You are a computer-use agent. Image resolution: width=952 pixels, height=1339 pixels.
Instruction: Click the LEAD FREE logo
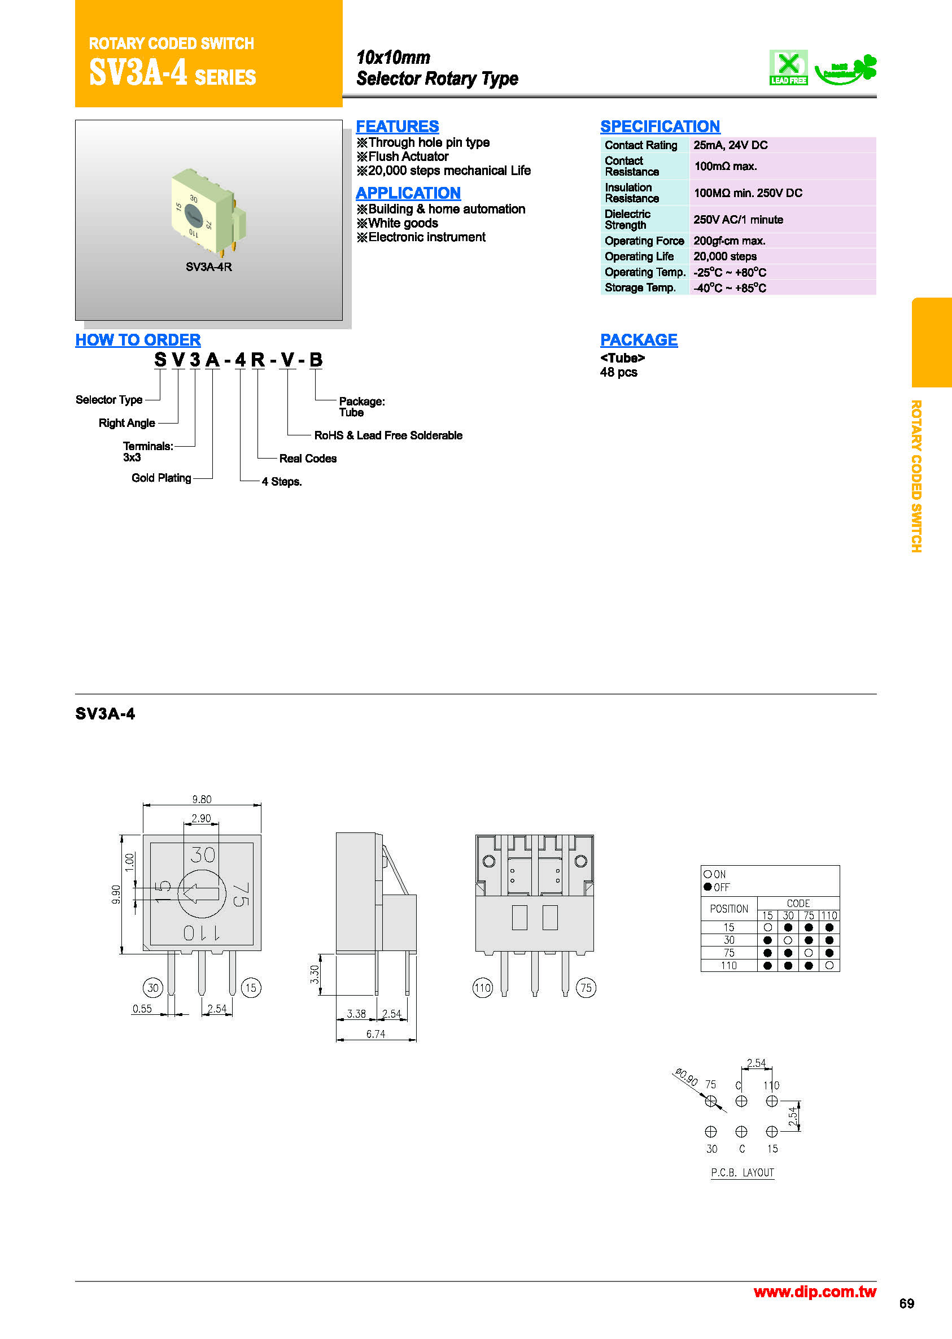coord(788,67)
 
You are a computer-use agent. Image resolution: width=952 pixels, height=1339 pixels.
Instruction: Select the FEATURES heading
coord(397,127)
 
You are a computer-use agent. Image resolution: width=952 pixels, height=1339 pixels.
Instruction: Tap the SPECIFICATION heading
coord(660,127)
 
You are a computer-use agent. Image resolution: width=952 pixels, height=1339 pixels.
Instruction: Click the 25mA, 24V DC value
coord(730,145)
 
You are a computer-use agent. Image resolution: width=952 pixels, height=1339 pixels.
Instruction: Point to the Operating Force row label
coord(644,241)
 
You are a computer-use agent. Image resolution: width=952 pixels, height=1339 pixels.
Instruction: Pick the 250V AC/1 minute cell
coord(737,220)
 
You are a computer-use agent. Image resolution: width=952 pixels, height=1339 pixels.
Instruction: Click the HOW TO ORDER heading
coord(138,340)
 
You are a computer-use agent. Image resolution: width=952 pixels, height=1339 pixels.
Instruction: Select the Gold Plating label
coord(161,478)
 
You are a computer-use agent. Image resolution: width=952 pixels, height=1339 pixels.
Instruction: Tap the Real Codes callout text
coord(308,459)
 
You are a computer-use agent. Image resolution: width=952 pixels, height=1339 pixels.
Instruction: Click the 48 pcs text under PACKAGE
coord(618,372)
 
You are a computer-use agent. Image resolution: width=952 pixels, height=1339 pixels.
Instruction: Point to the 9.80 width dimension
coord(202,800)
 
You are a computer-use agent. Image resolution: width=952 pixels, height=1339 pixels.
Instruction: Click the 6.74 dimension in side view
coord(375,1034)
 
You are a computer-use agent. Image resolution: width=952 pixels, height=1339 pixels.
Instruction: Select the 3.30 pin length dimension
coord(315,974)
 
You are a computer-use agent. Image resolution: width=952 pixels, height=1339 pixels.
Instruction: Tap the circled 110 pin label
coord(482,988)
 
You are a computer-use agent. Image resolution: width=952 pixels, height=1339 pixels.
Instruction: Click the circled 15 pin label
coord(251,988)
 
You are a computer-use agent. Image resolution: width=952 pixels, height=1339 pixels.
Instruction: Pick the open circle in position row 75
coord(809,953)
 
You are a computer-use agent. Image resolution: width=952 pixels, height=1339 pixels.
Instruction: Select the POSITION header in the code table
coord(728,909)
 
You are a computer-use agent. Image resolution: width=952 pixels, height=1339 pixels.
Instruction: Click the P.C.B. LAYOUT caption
coord(742,1172)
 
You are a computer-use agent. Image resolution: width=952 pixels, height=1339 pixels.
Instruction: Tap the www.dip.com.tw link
coord(814,1292)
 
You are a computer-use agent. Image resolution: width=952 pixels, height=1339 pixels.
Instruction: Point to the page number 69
coord(906,1304)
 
